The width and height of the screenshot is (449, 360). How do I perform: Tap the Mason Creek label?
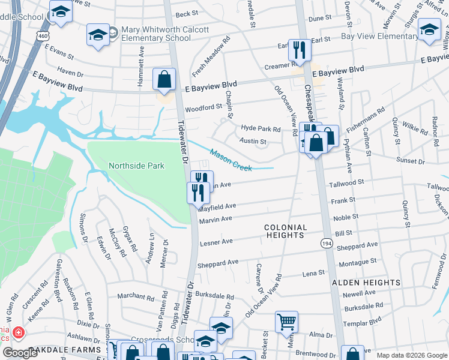(x=231, y=160)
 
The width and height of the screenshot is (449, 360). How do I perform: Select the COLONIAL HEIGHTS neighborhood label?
(x=286, y=232)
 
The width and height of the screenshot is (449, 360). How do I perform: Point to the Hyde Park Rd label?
(x=261, y=129)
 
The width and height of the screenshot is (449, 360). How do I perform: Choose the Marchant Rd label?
(x=136, y=296)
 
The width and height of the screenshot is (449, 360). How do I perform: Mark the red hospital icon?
(x=19, y=332)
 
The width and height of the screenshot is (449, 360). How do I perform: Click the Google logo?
(x=20, y=353)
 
